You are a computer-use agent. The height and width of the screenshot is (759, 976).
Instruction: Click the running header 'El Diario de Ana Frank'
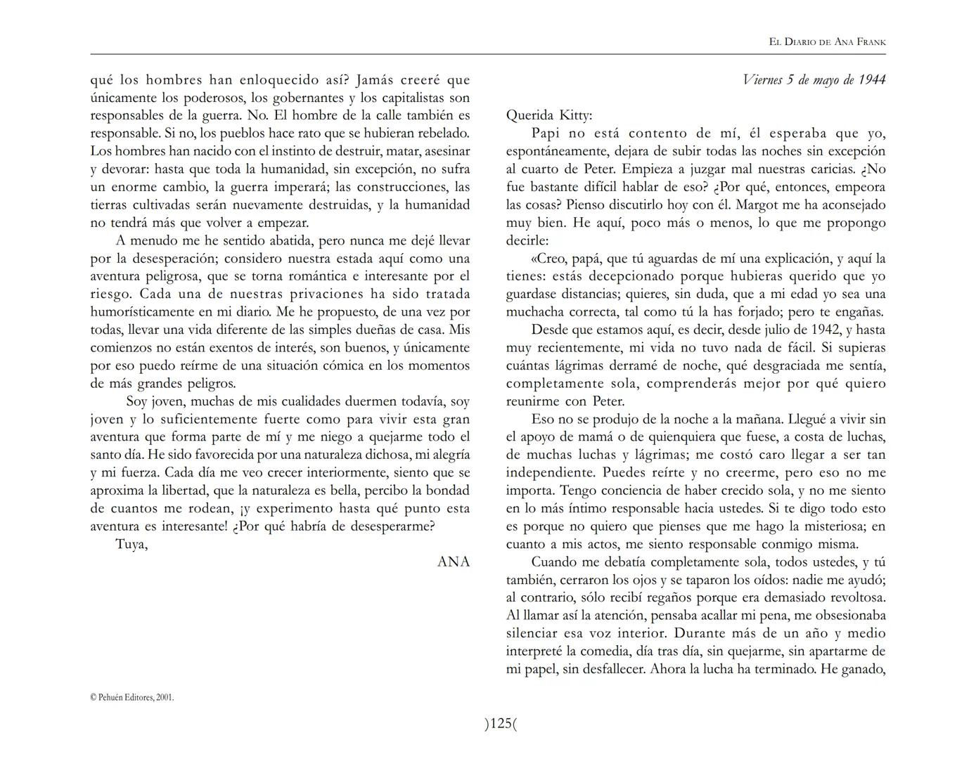pyautogui.click(x=827, y=42)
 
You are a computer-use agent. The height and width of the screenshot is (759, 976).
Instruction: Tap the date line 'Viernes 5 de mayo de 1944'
pyautogui.click(x=814, y=79)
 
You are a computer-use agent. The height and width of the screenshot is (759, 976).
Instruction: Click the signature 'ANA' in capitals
pyautogui.click(x=454, y=562)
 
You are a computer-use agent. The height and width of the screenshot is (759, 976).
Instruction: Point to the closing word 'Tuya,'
pyautogui.click(x=131, y=544)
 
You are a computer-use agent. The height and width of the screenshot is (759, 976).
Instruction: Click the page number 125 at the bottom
pyautogui.click(x=501, y=724)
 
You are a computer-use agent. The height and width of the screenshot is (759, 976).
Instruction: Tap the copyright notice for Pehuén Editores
pyautogui.click(x=132, y=697)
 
